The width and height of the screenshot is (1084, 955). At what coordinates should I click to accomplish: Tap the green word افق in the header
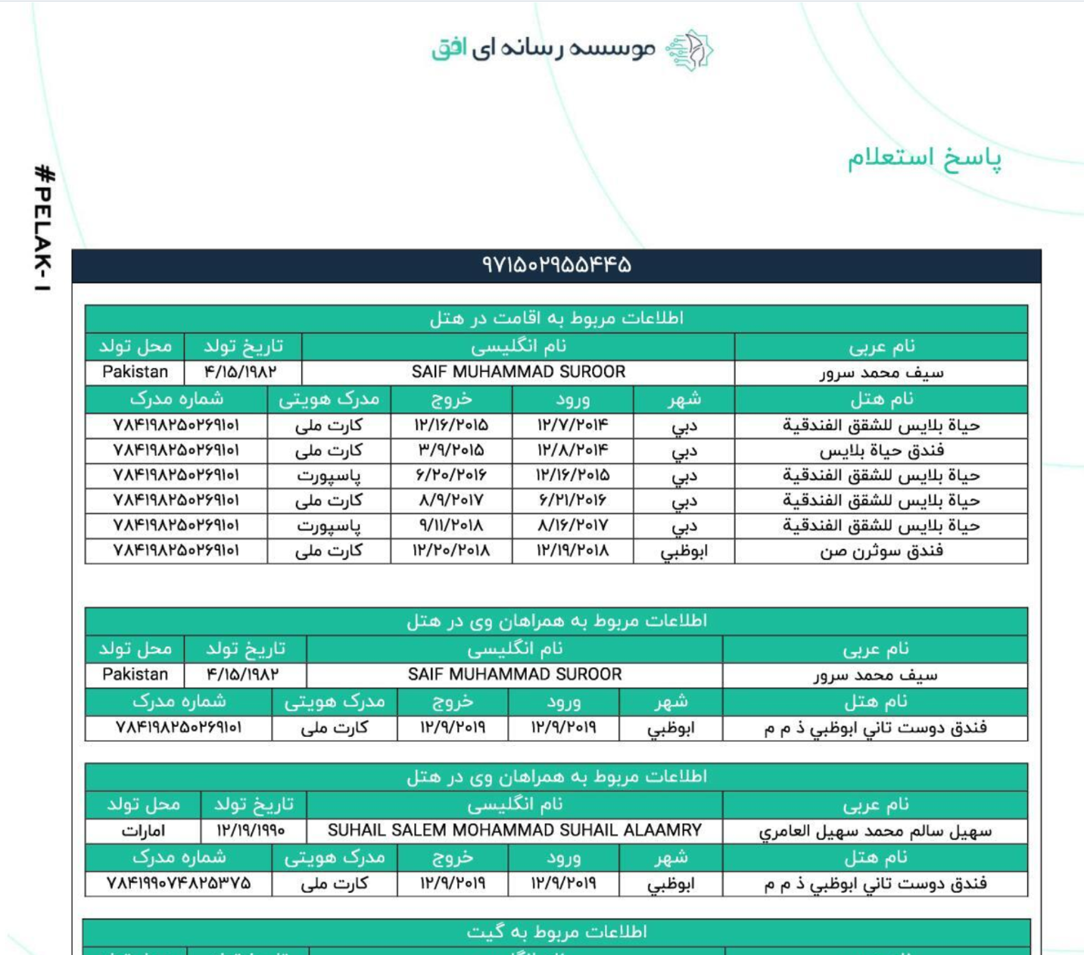449,49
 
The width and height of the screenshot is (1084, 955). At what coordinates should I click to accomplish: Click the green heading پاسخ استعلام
924,158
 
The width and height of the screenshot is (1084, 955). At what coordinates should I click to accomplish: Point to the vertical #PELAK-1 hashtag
44,228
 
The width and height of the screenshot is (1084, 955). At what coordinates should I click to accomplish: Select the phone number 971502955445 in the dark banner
556,265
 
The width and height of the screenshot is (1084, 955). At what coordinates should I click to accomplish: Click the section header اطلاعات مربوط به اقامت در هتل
556,318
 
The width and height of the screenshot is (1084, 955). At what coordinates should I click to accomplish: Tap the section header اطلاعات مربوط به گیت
556,932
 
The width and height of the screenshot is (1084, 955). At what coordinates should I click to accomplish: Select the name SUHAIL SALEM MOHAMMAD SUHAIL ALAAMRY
515,831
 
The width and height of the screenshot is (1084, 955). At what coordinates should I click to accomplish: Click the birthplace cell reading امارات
143,831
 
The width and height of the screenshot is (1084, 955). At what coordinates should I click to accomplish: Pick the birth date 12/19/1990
251,831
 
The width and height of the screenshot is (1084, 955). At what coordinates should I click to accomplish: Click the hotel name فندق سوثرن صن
881,551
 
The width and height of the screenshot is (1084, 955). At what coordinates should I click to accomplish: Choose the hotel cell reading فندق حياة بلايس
881,451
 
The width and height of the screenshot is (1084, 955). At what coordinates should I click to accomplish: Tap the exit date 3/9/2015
451,451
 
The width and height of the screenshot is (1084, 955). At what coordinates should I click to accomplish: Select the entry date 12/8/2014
572,451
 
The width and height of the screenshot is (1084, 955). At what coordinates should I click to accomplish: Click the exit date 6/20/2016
451,476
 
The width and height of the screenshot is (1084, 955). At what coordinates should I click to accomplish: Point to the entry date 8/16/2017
572,526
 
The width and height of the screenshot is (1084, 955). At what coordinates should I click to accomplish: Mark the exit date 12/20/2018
451,551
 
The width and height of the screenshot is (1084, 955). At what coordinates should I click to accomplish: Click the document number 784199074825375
179,884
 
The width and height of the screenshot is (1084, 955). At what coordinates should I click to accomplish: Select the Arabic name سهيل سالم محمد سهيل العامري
875,832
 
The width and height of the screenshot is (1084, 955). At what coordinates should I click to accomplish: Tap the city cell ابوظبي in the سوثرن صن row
684,551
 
